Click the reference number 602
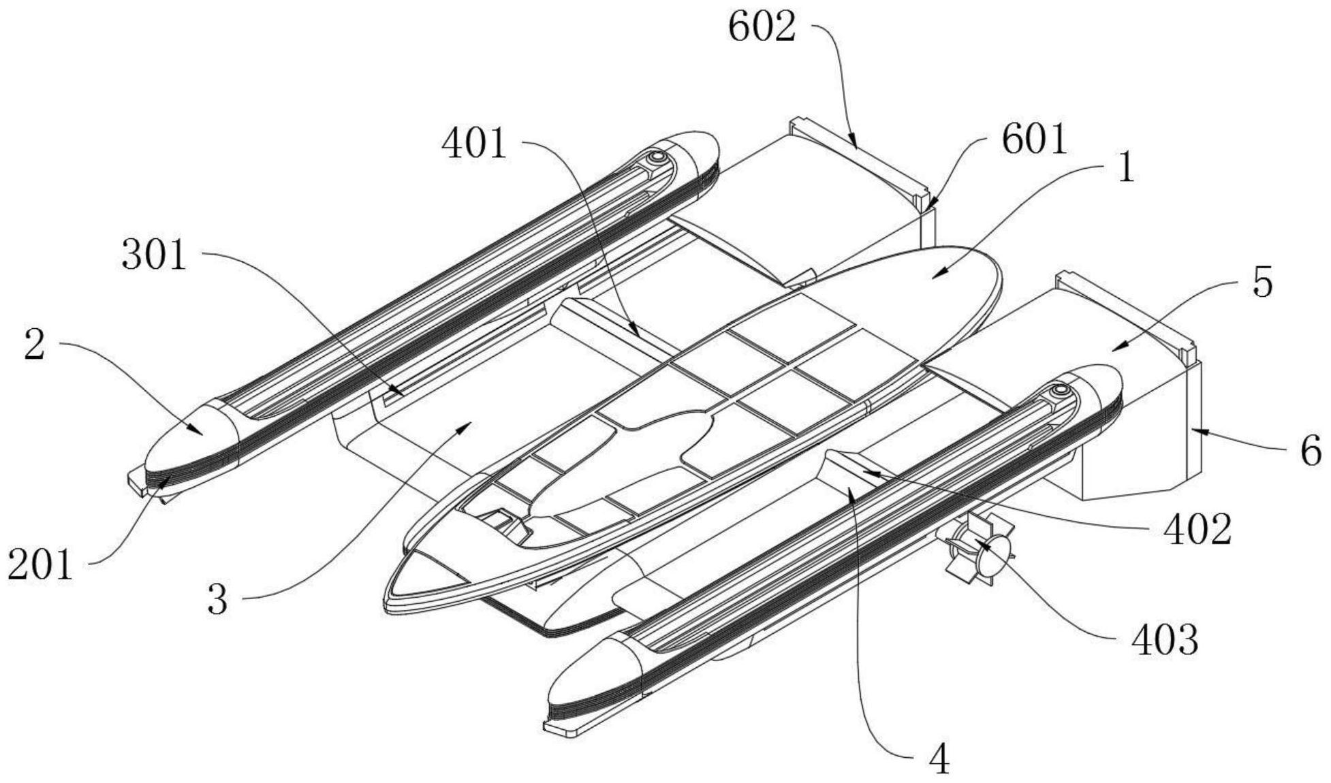[x=762, y=28]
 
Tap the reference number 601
[x=1034, y=140]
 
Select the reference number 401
[x=475, y=144]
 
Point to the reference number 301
[x=154, y=256]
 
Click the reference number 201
[x=40, y=565]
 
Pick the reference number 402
[x=1197, y=530]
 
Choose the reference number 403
[x=1164, y=640]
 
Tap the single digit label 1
[x=1127, y=167]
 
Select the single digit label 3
[x=217, y=600]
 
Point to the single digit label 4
[x=939, y=759]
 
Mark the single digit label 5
[x=1262, y=282]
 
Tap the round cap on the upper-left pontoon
[x=657, y=157]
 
